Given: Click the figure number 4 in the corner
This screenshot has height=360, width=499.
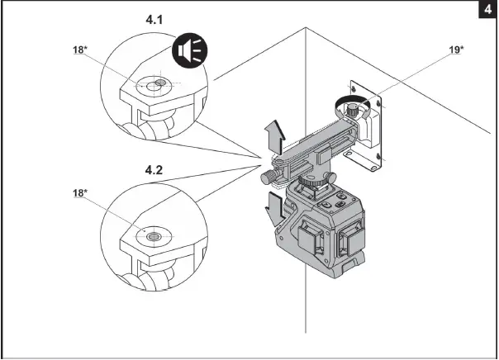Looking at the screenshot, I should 488,10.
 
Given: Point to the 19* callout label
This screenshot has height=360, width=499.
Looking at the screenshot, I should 455,50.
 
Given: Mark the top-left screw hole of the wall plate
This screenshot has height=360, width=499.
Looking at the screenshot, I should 354,84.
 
